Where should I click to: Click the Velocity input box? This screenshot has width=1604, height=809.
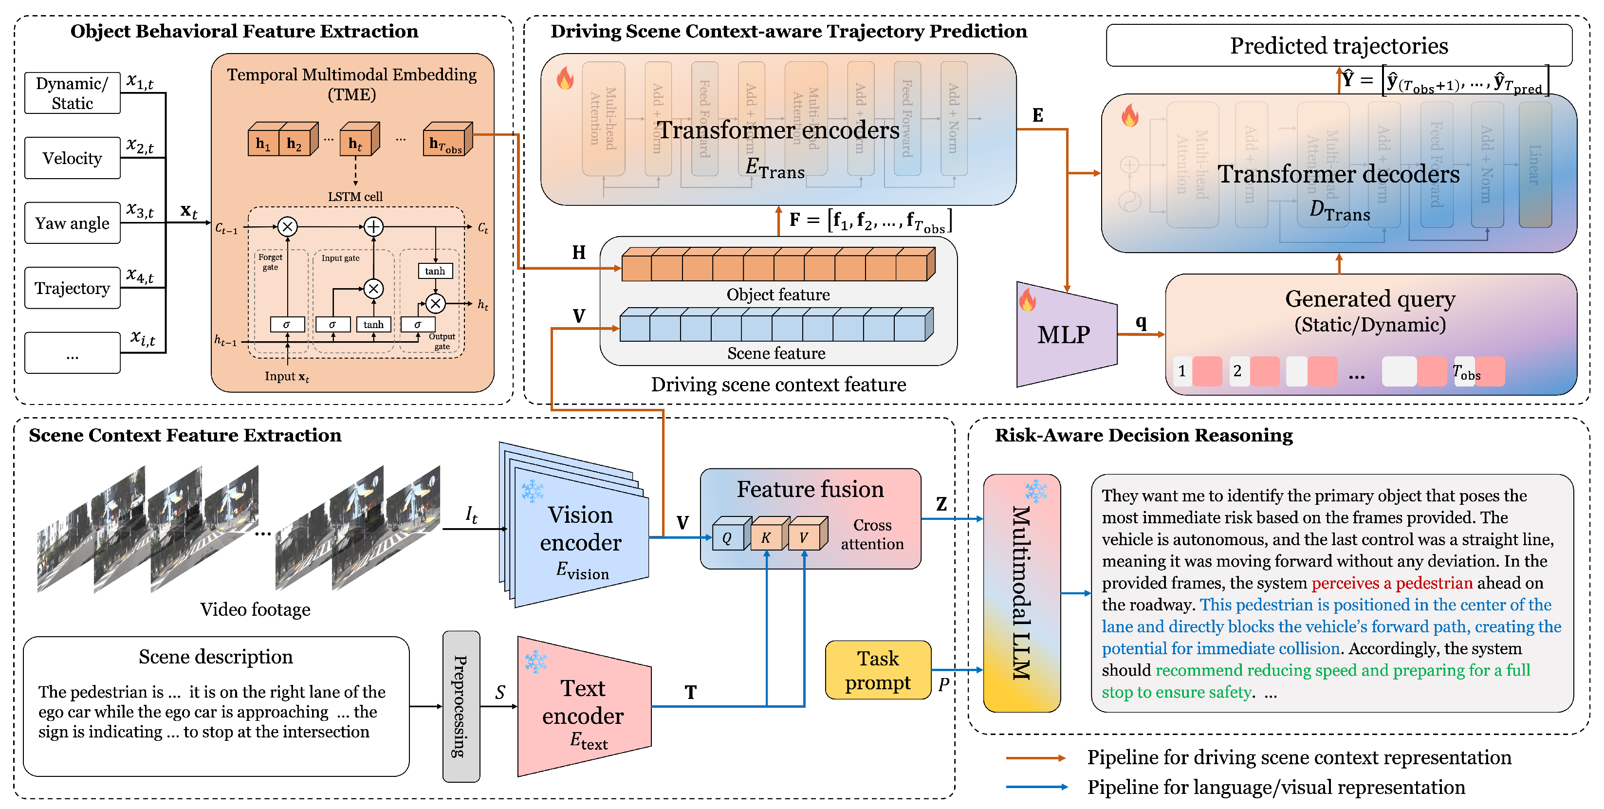72,158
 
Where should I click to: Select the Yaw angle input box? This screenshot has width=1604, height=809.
72,223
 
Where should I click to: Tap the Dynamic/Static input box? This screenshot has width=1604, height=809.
72,93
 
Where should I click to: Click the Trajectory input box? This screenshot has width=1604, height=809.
72,288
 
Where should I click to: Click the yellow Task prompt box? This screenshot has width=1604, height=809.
878,670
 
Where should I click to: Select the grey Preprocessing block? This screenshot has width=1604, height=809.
461,706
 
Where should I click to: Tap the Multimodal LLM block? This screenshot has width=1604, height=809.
1021,593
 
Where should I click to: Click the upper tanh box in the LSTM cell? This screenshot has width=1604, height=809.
435,271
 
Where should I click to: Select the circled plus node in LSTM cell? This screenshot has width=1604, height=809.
373,227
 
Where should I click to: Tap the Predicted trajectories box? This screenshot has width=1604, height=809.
1339,45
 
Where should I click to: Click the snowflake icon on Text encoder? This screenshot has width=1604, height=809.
535,662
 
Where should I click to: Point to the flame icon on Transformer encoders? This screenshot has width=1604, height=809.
565,78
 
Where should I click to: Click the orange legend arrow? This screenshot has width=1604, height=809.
1036,758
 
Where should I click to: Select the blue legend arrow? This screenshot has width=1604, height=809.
1036,787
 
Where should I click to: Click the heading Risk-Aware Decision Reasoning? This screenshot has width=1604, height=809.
1143,435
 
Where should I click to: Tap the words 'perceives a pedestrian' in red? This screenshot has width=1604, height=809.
1392,583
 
